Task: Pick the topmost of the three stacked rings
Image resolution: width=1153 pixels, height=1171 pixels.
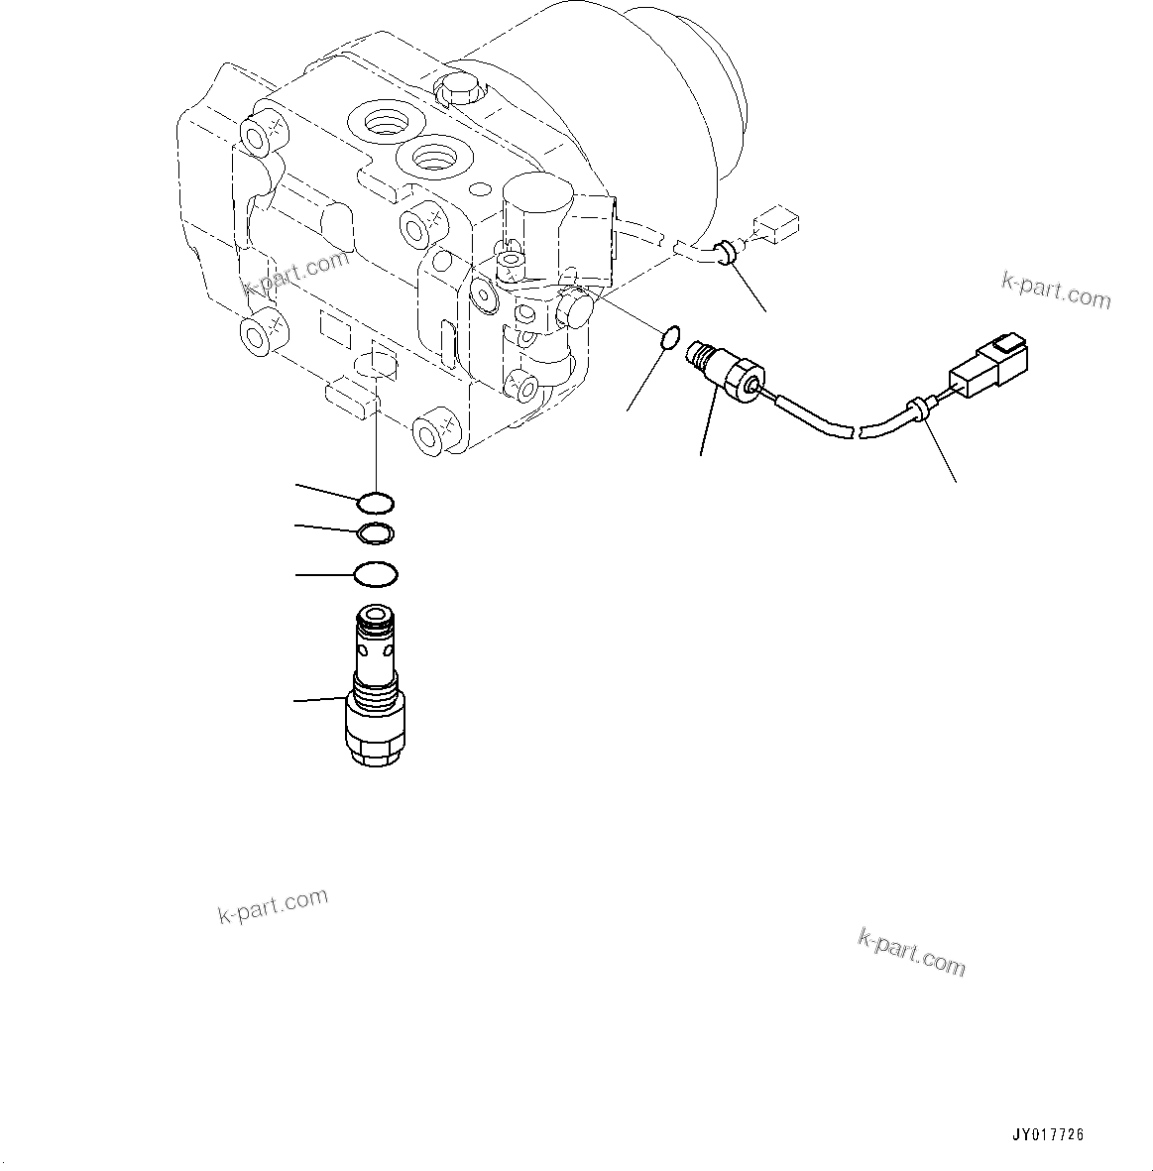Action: (x=377, y=503)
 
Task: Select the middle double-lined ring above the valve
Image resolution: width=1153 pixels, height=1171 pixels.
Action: (x=376, y=534)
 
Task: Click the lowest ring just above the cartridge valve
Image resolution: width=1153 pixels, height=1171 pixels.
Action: (x=376, y=574)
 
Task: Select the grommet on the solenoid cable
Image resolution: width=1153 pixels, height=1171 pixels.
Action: (x=726, y=253)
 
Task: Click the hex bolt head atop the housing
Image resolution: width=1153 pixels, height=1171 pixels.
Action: (x=456, y=89)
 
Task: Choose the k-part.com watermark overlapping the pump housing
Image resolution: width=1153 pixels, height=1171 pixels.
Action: (x=295, y=275)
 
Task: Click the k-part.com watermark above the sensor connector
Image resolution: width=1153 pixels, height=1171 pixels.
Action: (x=1056, y=291)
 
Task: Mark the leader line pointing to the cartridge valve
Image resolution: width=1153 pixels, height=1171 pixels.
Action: (x=319, y=701)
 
